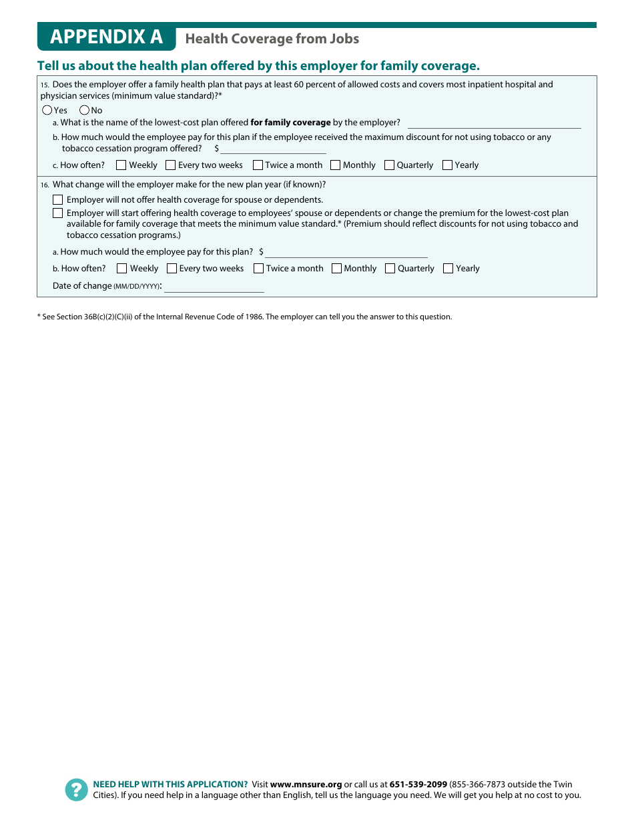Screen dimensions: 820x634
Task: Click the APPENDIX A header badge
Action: coord(106,37)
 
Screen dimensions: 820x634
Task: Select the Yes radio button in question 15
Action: coord(47,110)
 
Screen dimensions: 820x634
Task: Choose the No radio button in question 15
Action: coord(84,110)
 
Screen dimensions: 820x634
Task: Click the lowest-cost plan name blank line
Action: coord(494,123)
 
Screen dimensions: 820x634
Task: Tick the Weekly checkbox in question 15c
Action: coord(121,165)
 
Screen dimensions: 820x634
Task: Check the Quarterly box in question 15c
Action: coord(389,165)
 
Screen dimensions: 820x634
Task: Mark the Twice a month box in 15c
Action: coord(258,165)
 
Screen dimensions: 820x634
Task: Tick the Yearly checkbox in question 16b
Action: coord(448,268)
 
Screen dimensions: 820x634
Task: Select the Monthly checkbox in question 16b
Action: coord(336,268)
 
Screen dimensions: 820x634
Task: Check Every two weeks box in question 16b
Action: coord(172,268)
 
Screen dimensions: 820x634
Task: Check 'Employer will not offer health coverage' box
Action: coord(58,199)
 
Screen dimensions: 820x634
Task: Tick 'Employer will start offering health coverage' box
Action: coord(58,213)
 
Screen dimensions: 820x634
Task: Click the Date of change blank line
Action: coord(214,287)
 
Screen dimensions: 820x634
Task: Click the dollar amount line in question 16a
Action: coord(346,253)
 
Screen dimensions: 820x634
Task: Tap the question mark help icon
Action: coord(76,790)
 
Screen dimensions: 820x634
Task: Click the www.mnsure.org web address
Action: coord(306,785)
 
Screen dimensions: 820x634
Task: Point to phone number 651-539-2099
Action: coord(418,785)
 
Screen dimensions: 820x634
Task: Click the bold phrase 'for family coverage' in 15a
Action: coord(290,123)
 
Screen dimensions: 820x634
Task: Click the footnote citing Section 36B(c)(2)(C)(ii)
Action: coord(244,317)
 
